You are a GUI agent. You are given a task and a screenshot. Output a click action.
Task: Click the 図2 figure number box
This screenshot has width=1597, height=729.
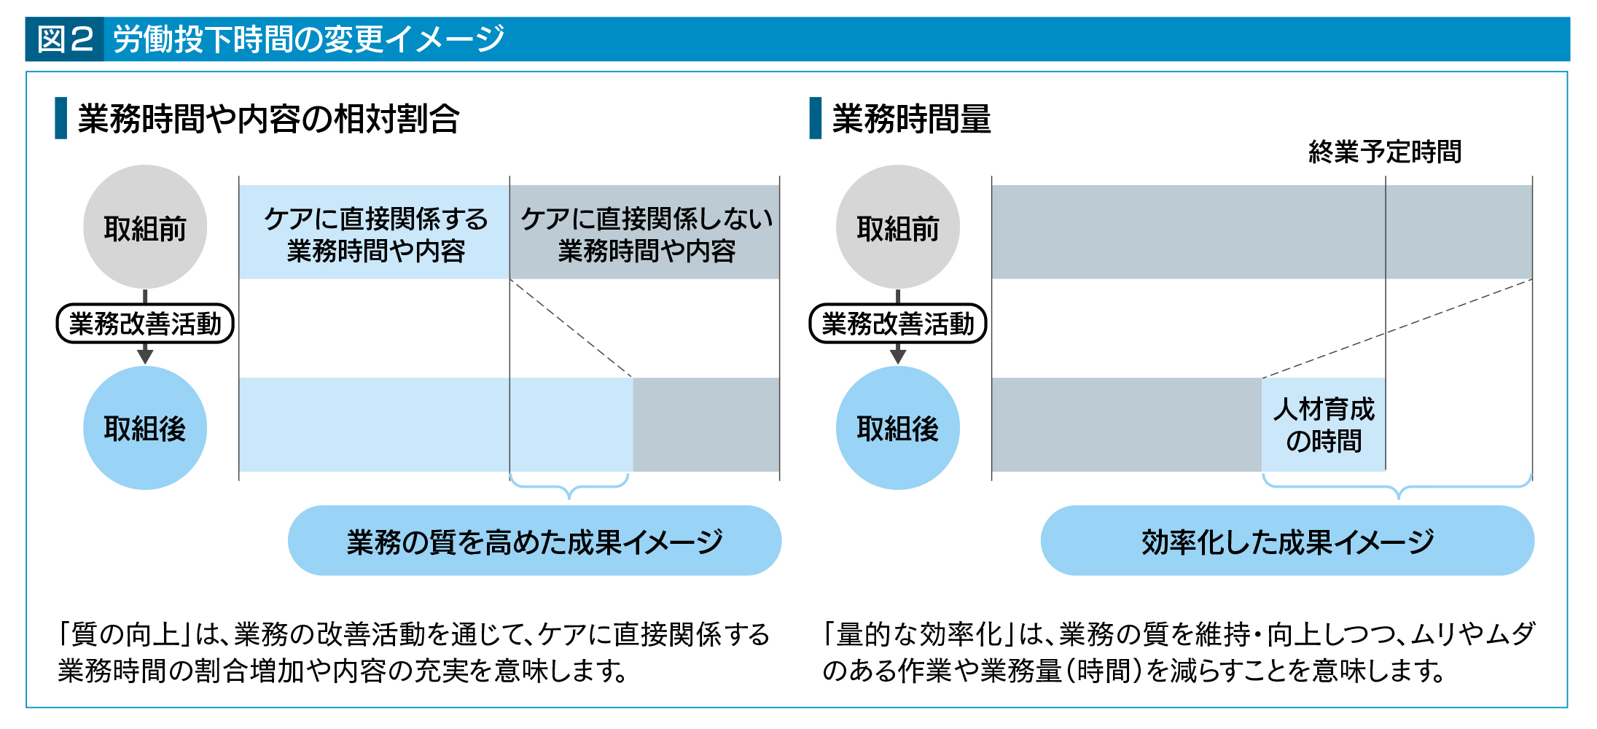(x=65, y=39)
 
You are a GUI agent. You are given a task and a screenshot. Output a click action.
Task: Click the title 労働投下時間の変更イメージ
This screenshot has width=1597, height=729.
(x=309, y=39)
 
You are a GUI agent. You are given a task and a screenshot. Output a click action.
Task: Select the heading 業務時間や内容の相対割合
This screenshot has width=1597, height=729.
(x=268, y=119)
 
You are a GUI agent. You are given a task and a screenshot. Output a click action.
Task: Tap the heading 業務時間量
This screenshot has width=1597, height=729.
(x=911, y=119)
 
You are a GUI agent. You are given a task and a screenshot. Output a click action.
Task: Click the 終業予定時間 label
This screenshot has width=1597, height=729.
(x=1384, y=152)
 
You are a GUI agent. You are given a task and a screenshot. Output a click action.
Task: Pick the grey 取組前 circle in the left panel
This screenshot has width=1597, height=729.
(x=145, y=227)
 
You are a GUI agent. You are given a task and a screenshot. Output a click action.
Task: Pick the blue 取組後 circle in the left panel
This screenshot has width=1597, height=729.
(x=145, y=428)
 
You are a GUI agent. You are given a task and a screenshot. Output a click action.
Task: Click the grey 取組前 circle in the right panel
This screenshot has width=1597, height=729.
(x=897, y=227)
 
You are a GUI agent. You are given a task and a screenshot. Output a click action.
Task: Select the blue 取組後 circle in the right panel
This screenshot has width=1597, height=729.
(x=897, y=428)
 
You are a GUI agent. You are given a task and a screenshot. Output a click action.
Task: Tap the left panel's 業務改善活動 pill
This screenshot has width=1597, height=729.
(x=145, y=324)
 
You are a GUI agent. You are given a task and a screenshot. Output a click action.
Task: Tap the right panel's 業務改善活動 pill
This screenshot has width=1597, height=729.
(x=897, y=324)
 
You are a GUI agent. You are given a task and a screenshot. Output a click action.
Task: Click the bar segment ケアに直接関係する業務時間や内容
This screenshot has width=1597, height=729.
(x=375, y=233)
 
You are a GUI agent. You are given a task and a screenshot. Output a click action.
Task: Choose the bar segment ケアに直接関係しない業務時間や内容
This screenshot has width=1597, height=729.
(x=645, y=233)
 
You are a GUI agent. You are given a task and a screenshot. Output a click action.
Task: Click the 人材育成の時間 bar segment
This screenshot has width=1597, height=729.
(x=1324, y=425)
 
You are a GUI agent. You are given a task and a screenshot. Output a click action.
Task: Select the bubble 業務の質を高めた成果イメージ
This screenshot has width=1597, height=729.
(x=534, y=541)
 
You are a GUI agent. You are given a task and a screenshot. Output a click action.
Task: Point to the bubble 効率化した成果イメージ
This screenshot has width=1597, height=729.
(x=1287, y=541)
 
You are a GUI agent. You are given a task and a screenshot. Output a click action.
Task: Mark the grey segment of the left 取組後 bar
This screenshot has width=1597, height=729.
(x=706, y=425)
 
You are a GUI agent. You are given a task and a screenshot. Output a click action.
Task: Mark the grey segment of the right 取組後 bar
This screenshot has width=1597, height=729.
(x=1126, y=425)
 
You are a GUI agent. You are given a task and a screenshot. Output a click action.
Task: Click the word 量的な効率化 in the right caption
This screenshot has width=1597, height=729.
(x=920, y=635)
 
